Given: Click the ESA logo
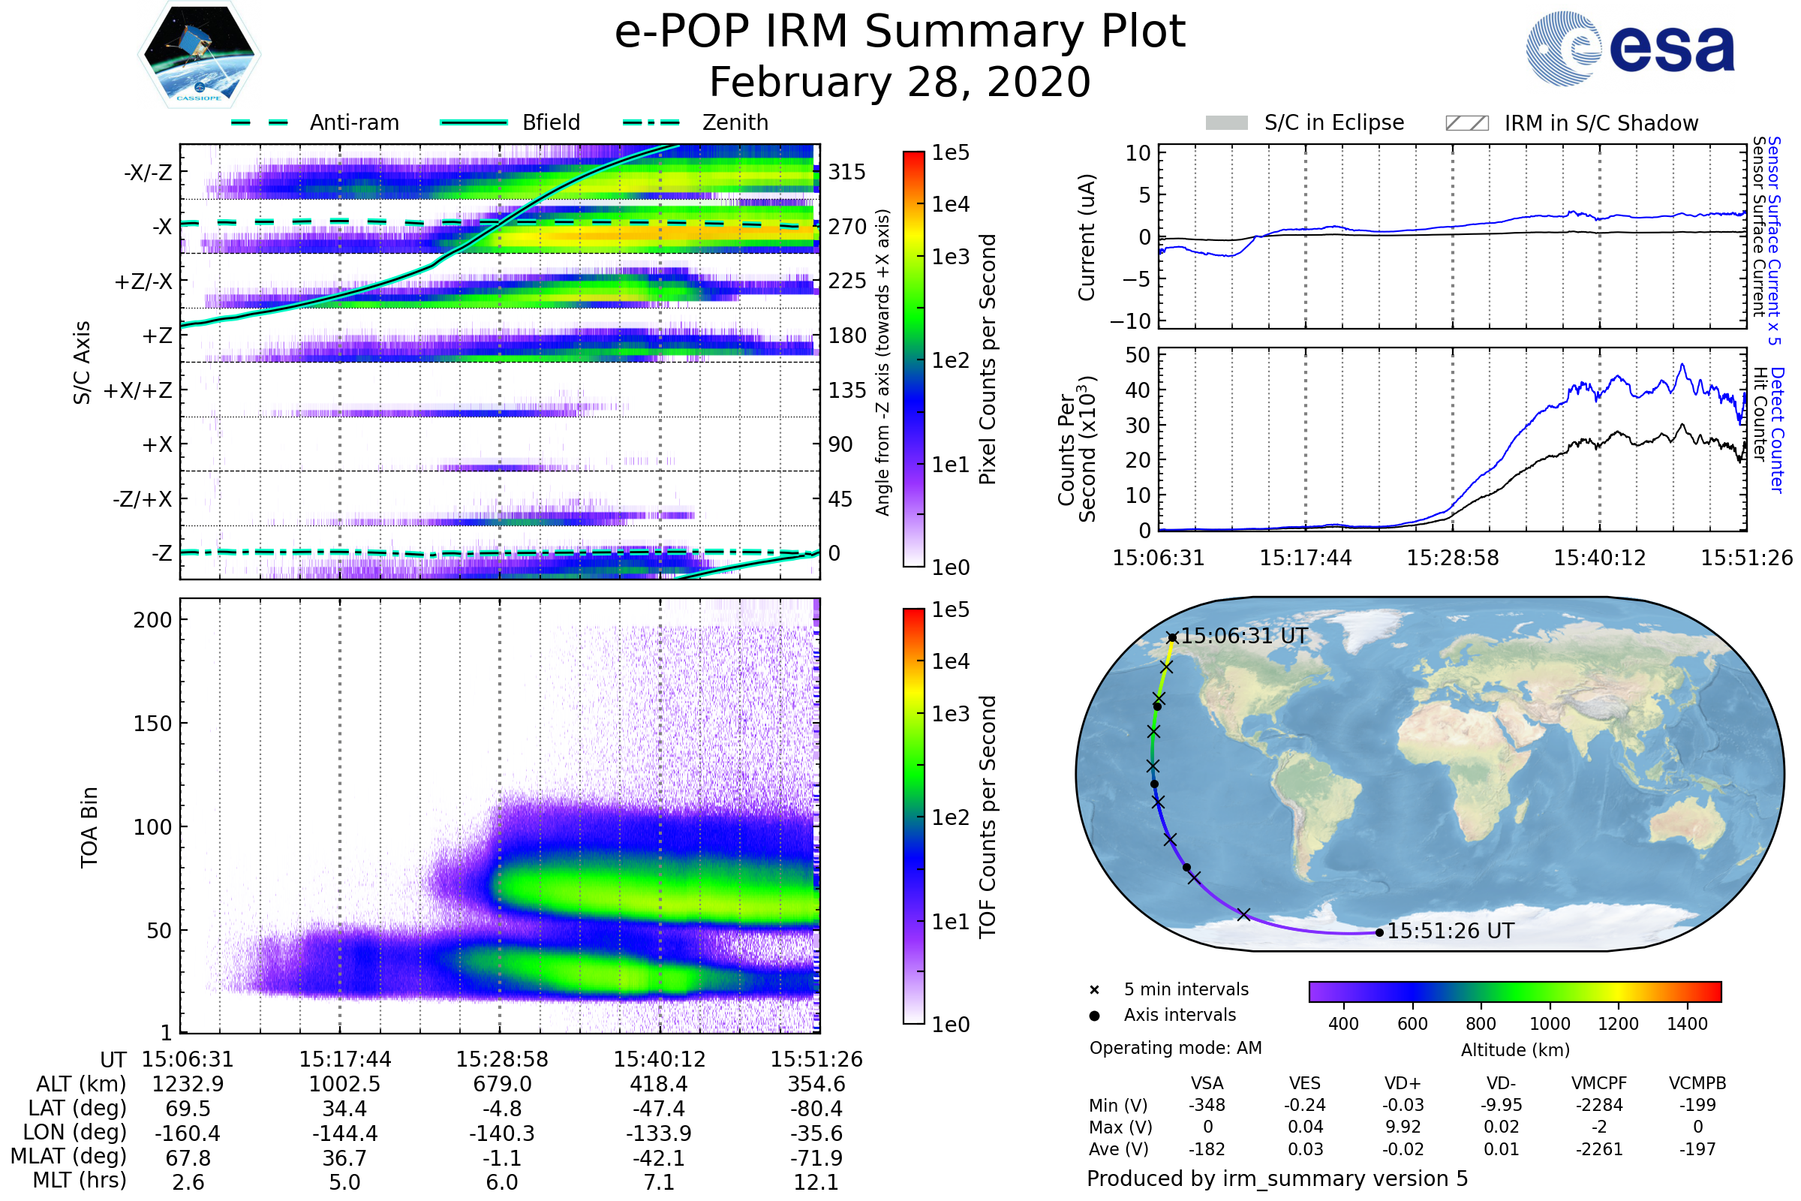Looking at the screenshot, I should (x=1630, y=48).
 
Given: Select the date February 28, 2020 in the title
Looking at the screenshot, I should (x=900, y=83).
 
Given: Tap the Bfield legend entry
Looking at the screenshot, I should (x=551, y=122).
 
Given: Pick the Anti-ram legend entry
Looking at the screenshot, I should (x=353, y=122).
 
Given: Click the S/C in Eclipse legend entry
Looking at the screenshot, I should (x=1333, y=122).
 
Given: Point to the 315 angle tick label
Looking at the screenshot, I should (x=846, y=172).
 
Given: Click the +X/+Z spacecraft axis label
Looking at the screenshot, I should (x=138, y=390).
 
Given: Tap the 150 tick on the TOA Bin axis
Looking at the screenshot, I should (x=152, y=724).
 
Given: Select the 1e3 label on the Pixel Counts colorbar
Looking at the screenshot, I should (x=950, y=257).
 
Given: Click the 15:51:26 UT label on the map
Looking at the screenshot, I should (x=1451, y=931).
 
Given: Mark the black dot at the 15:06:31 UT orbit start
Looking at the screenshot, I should (x=1172, y=637).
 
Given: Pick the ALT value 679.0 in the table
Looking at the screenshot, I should (x=502, y=1084).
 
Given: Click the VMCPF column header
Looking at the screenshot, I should (x=1599, y=1083).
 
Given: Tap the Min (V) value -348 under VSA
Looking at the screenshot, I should (x=1207, y=1105).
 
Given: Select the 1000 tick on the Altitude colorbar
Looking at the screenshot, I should (x=1550, y=1024).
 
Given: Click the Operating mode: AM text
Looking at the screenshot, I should (x=1175, y=1048).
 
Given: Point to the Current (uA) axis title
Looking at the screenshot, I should (x=1087, y=237).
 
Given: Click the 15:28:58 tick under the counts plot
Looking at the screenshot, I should (x=1453, y=558).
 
